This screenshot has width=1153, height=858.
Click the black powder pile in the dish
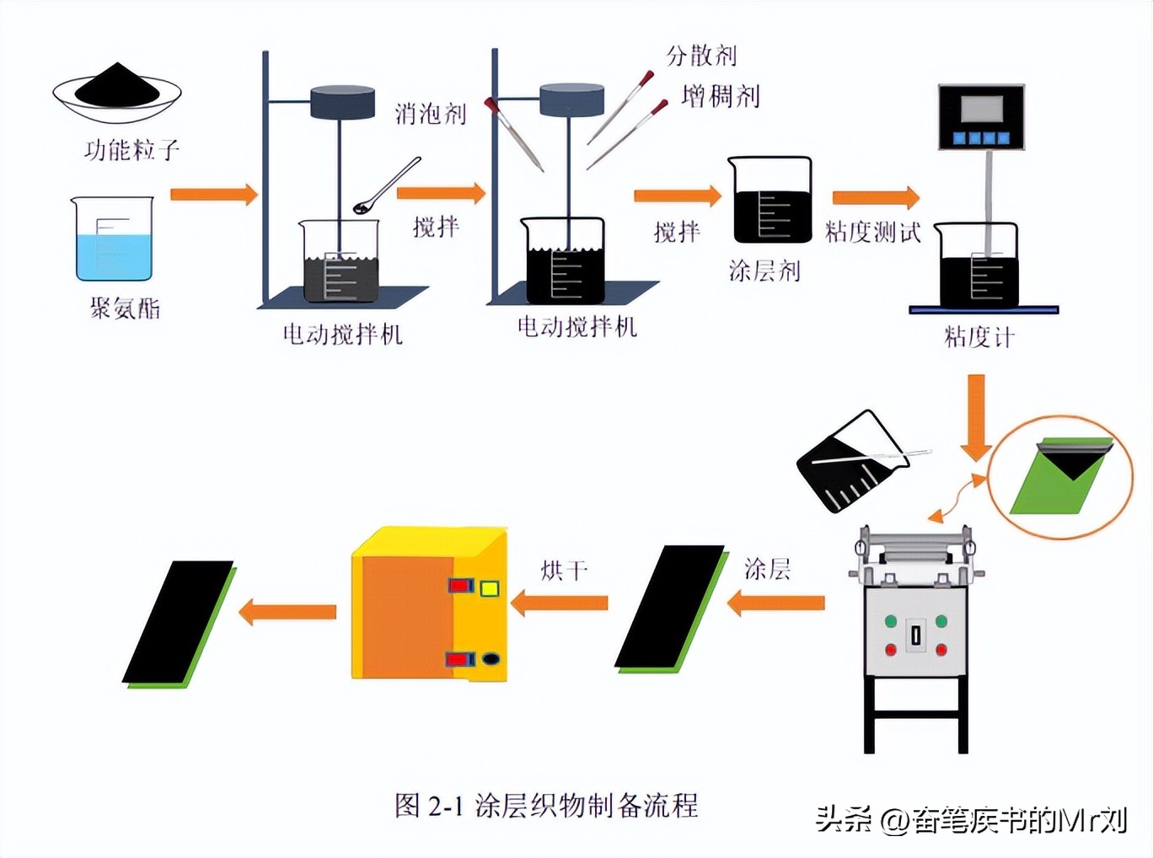tap(117, 86)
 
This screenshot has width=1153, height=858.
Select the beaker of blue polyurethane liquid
tap(113, 240)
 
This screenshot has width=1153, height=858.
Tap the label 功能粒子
tap(131, 150)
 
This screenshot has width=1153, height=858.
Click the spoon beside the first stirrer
tap(387, 185)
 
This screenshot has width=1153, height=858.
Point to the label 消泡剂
tap(430, 114)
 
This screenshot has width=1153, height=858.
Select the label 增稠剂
tap(721, 96)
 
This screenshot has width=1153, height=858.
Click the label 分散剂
tap(701, 56)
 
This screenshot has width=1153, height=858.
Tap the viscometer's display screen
tap(981, 110)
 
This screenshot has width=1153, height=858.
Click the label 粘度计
tap(979, 337)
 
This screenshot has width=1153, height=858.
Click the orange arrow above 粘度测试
tap(875, 197)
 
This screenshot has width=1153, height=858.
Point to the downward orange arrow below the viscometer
tap(976, 417)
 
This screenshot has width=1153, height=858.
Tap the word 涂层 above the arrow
tap(767, 569)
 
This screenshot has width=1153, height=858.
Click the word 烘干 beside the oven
tap(564, 571)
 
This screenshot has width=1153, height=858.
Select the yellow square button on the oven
tap(489, 588)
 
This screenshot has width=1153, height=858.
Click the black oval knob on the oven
tap(491, 658)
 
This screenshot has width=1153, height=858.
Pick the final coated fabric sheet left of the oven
tap(179, 624)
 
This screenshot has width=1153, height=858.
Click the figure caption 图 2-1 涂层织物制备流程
tap(546, 805)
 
